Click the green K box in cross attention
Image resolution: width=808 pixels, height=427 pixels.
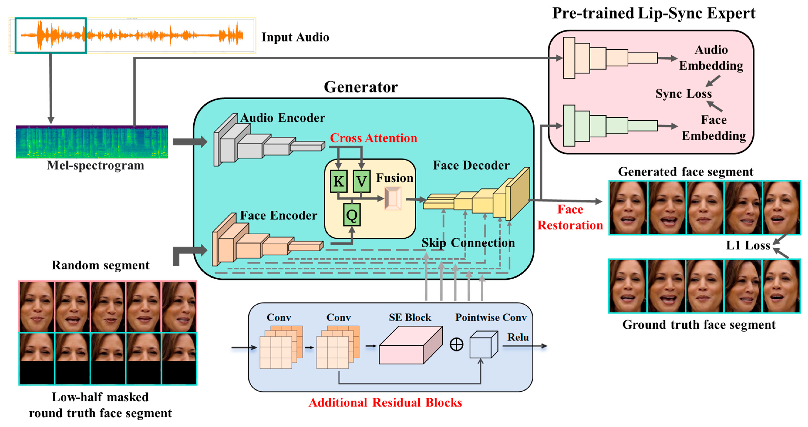point(339,181)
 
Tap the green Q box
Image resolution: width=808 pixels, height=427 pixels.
point(352,215)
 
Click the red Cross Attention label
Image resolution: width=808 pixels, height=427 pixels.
point(373,138)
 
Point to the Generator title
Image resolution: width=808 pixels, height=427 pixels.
point(361,87)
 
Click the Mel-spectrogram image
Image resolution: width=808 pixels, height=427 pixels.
point(92,142)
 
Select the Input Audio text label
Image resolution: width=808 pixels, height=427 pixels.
point(295,37)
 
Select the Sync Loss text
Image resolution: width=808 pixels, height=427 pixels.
point(684,93)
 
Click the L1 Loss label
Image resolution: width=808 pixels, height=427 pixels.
point(748,245)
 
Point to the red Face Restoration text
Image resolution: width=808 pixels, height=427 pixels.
point(570,217)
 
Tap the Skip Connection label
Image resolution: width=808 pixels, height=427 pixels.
point(468,243)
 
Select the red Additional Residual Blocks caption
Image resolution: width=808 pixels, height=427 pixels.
point(385,403)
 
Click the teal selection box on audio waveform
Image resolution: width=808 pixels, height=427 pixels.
point(50,36)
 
